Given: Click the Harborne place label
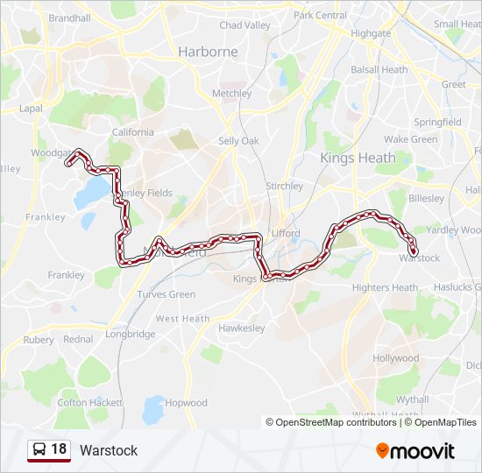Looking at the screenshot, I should coord(208,52).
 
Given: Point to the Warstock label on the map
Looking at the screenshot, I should coord(419,258).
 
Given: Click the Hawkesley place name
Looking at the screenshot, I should coord(241,328).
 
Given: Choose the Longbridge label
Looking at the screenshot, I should coord(130,334).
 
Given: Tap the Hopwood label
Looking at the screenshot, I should coord(187,403).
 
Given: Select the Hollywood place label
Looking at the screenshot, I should coord(396,358).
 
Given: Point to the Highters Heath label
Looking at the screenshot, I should coord(385,287).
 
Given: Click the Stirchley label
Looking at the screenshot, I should coord(284,186).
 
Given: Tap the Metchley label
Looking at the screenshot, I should coord(231,94).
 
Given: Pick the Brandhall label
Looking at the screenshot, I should coord(69,18).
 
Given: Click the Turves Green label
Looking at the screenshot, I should coord(166,294).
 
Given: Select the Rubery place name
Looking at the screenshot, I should coord(38,340).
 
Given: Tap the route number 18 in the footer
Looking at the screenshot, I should coord(59,450).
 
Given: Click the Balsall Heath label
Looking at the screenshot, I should coord(379,69).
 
